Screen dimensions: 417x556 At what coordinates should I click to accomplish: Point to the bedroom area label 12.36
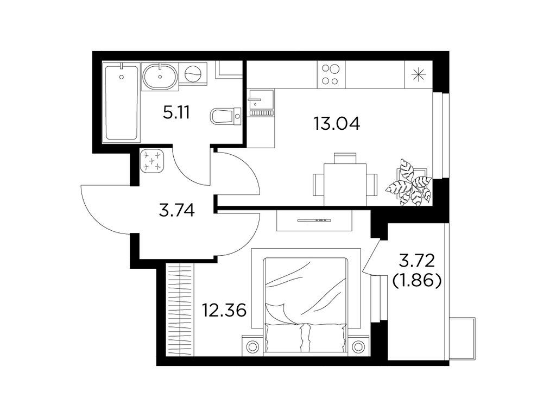[x=224, y=311]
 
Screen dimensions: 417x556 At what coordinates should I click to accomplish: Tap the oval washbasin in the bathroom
[x=160, y=76]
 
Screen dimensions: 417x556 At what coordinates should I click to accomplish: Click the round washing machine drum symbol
[x=193, y=72]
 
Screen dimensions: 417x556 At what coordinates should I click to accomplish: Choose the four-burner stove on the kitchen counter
[x=331, y=74]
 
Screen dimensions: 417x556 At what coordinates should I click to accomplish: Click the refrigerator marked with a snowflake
[x=419, y=74]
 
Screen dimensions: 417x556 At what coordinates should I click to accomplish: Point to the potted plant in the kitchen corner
[x=410, y=184]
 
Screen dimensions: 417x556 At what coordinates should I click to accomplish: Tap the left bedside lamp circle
[x=252, y=345]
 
